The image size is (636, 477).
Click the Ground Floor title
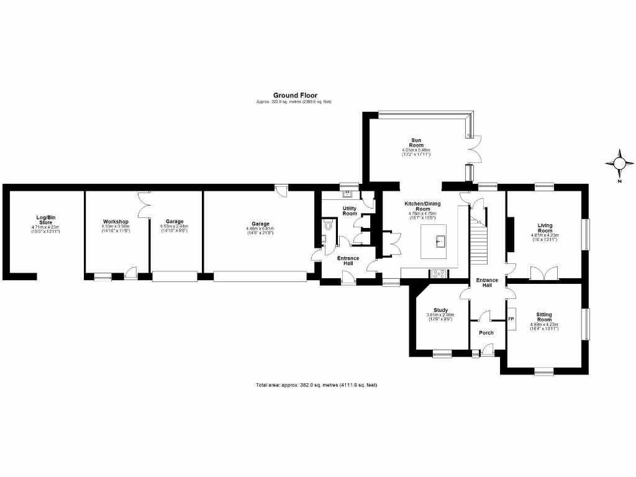pos(295,96)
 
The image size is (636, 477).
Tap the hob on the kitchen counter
pos(437,273)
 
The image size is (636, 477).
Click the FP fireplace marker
pos(512,319)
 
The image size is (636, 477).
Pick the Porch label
pos(486,333)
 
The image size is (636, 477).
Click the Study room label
pos(441,310)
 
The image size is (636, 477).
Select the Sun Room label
pos(416,142)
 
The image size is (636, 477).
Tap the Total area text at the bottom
pos(317,385)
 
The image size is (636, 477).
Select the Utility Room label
pos(350,211)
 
